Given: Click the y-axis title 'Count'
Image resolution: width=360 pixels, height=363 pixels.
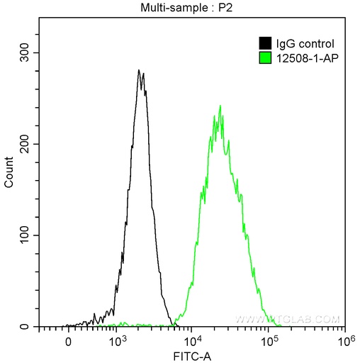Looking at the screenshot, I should (x=9, y=173).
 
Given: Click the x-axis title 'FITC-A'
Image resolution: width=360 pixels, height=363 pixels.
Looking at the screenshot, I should (x=191, y=354).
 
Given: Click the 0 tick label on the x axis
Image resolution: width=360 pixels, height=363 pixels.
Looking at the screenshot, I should (x=68, y=341).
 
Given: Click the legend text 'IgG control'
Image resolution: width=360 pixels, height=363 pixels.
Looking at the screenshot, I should (x=300, y=44).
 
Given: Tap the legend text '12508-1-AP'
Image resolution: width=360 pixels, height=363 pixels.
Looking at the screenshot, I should (x=302, y=57).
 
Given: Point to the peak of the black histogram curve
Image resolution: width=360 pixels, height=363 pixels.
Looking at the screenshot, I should (x=140, y=70).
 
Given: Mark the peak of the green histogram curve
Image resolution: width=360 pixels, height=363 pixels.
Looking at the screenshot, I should (x=220, y=106).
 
